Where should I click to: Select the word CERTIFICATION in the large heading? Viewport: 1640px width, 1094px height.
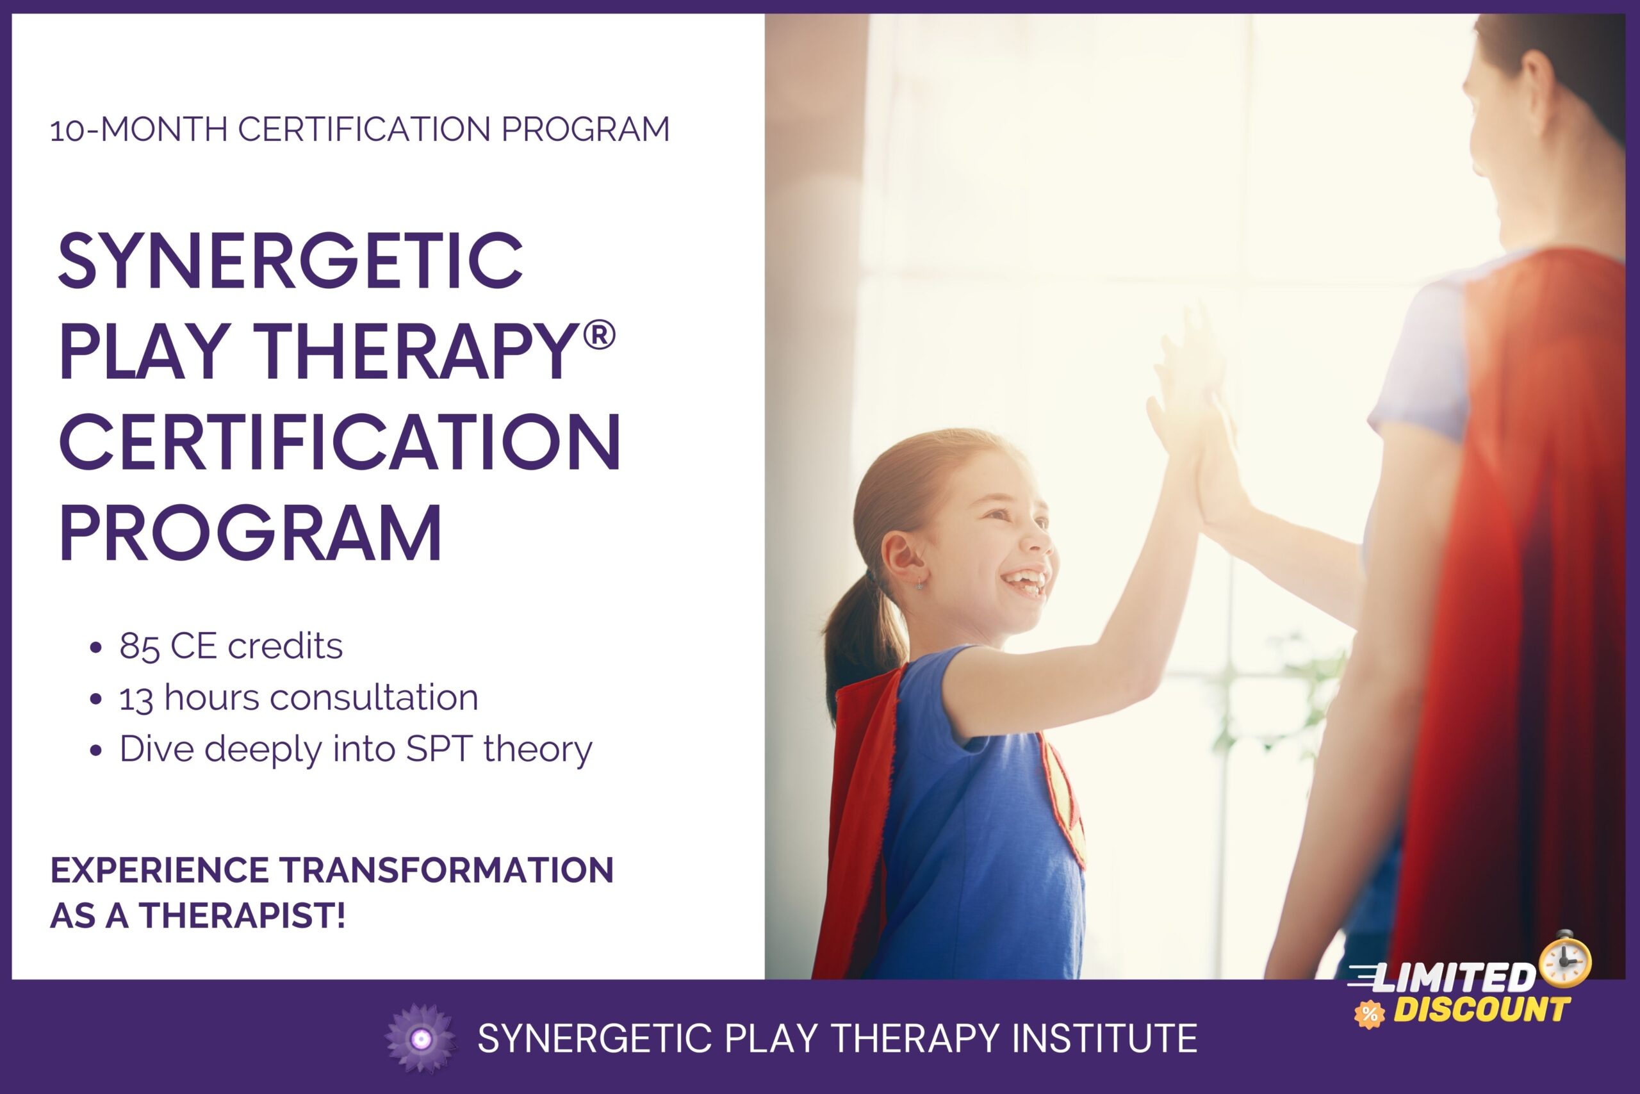tap(340, 443)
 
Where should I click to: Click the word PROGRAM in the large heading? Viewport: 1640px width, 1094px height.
tap(250, 534)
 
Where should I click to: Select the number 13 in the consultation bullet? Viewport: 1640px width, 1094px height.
tap(136, 698)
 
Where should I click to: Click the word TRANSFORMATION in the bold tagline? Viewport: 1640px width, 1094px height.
tap(447, 870)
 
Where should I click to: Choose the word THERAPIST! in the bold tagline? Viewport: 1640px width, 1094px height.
tap(243, 915)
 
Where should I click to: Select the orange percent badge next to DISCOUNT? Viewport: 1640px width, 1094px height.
tap(1368, 1015)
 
